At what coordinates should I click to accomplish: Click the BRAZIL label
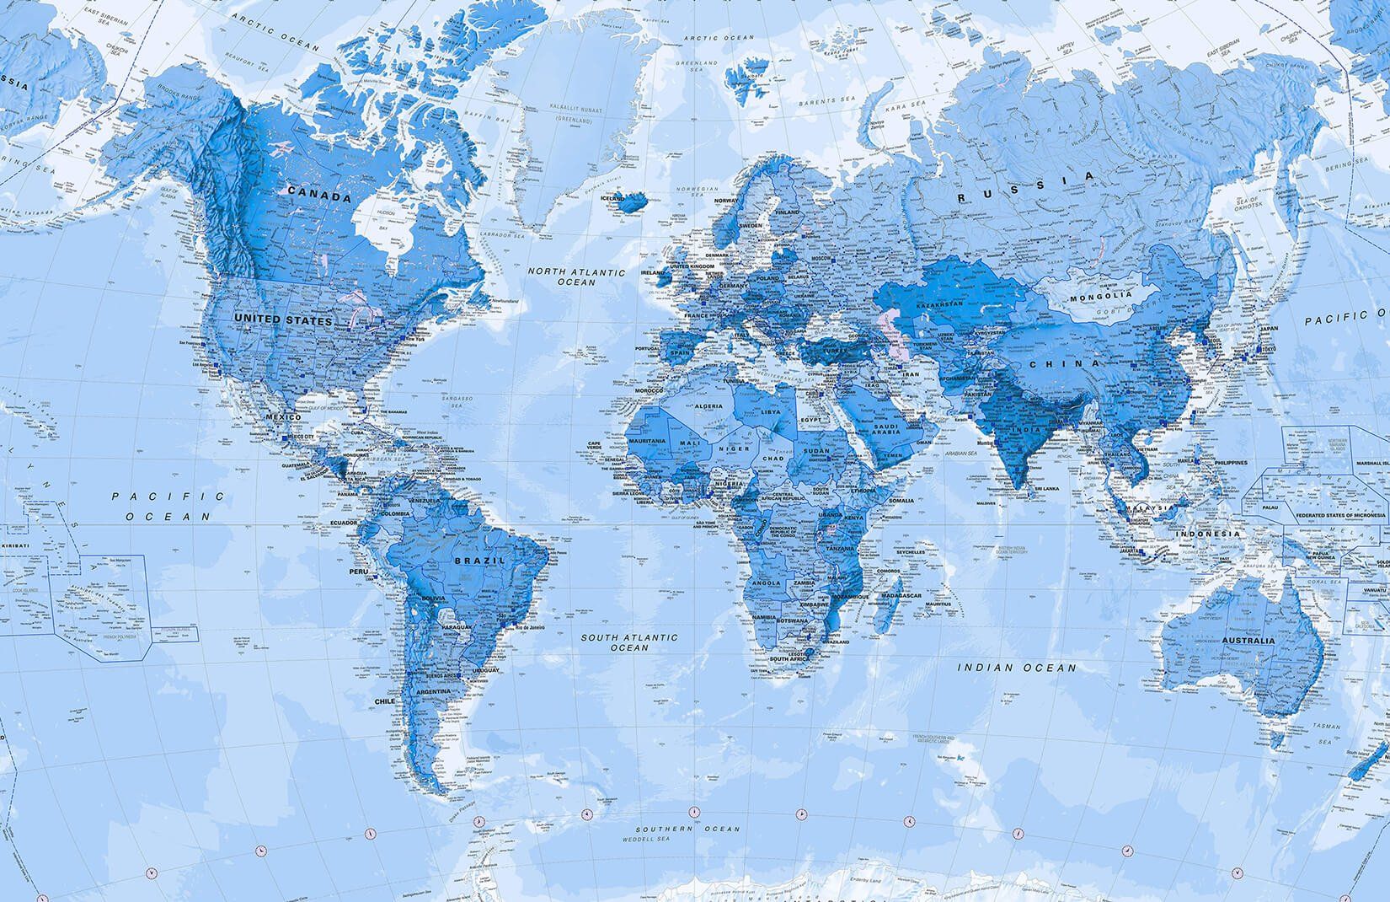[x=478, y=560]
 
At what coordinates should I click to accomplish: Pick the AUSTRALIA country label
[x=1243, y=642]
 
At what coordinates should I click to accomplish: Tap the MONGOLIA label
[x=1100, y=297]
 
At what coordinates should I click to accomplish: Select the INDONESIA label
[x=1209, y=534]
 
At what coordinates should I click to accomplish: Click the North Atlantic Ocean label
[x=577, y=277]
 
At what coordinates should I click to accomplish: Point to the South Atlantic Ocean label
[x=629, y=642]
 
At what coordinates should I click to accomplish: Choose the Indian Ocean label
[x=1018, y=668]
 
